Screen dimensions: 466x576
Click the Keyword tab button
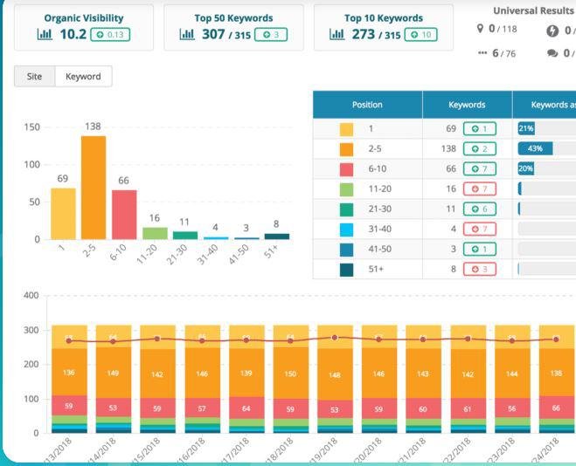[x=83, y=77]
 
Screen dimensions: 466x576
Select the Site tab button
[x=34, y=77]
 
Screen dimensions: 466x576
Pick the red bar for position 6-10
[x=124, y=214]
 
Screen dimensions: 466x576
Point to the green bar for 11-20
[x=155, y=233]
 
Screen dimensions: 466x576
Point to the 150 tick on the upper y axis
[x=31, y=127]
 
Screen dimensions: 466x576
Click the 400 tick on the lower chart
[x=31, y=295]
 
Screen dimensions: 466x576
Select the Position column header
[x=367, y=105]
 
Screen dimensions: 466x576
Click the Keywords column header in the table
[x=467, y=105]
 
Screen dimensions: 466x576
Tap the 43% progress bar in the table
[x=535, y=148]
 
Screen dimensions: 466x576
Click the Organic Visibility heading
[x=84, y=17]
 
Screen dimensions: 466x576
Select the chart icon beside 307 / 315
[x=186, y=34]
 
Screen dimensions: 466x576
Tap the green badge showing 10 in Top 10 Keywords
[x=416, y=34]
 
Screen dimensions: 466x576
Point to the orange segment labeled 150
[x=289, y=374]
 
